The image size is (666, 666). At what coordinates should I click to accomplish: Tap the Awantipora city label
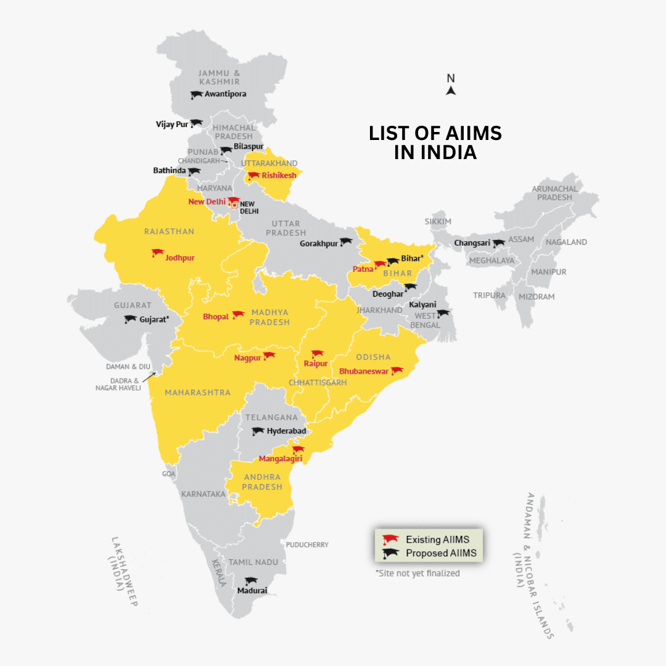[225, 94]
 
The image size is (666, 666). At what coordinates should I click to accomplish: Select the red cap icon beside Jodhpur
[157, 253]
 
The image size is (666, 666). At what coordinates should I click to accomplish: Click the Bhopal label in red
[216, 317]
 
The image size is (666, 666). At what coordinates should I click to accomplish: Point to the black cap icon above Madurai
[250, 581]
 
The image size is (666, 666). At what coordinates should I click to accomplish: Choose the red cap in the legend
[390, 540]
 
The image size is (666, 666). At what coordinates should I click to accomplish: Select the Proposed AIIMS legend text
[441, 553]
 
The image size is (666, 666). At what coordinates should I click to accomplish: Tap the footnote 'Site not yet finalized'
[417, 573]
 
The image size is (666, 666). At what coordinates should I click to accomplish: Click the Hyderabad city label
[286, 431]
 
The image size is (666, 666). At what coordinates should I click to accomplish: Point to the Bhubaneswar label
[363, 372]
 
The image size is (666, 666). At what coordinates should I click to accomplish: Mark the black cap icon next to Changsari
[498, 244]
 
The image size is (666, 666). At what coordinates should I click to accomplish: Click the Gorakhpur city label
[319, 244]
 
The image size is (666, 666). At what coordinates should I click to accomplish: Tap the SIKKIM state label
[438, 221]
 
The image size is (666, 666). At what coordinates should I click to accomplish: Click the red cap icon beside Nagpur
[269, 356]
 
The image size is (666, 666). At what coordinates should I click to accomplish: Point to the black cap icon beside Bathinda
[194, 171]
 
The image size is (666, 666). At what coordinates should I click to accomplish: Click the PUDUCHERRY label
[307, 545]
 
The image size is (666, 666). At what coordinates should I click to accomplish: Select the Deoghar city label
[388, 294]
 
